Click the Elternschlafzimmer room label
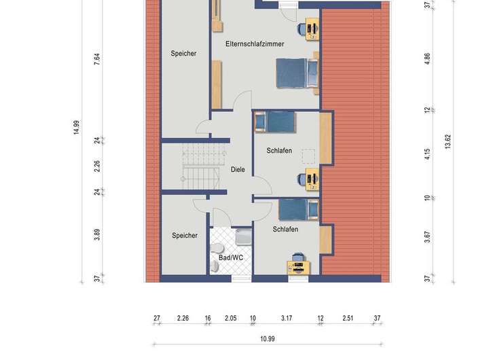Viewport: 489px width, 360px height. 255,44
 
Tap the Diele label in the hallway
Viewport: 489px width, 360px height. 238,169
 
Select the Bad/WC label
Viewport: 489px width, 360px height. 231,257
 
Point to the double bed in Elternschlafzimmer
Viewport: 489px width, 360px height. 297,73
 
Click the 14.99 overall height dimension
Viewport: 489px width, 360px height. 76,127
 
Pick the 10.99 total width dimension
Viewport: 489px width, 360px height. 268,339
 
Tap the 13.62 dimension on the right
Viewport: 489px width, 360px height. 448,142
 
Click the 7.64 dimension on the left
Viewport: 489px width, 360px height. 97,59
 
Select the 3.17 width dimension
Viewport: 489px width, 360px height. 287,318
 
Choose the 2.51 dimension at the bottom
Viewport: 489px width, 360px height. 348,318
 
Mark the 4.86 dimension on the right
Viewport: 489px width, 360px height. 427,59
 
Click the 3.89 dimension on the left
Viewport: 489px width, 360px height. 97,234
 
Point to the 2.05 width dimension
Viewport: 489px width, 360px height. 230,318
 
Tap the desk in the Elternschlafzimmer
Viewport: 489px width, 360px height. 312,29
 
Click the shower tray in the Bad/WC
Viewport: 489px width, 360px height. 243,237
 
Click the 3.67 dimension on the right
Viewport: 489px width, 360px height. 427,237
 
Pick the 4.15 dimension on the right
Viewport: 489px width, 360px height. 427,154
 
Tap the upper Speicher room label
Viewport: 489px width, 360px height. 183,54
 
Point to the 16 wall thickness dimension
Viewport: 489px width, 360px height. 208,318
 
